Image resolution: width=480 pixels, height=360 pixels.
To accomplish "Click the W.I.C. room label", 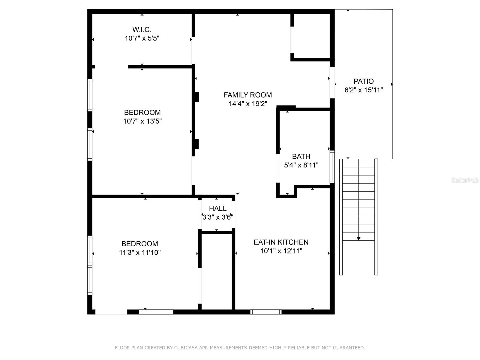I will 142,30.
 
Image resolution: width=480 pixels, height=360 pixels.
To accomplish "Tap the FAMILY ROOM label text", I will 247,95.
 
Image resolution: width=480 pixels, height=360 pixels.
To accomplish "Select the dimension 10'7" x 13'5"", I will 142,121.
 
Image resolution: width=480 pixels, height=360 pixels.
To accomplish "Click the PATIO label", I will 364,81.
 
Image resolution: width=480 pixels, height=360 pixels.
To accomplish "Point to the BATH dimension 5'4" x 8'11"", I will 301,165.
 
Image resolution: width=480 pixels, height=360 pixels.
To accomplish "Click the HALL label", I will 217,208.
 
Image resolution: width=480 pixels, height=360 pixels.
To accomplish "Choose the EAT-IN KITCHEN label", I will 281,242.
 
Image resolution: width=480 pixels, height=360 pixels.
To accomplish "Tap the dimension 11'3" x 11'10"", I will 140,253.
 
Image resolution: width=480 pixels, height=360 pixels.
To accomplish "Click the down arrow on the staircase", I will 358,238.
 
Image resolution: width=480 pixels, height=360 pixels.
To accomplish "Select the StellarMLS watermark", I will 465,180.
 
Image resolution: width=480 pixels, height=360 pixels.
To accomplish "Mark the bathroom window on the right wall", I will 332,167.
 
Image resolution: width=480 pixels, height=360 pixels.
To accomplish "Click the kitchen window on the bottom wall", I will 266,312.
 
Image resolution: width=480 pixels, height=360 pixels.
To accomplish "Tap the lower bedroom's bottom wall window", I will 156,312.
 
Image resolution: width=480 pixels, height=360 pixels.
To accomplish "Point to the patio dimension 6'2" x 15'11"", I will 364,90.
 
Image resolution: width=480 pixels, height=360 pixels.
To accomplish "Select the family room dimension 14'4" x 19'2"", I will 247,104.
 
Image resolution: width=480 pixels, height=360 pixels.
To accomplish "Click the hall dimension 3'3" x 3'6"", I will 217,217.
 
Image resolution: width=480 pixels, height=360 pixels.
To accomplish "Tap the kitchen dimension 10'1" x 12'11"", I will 281,251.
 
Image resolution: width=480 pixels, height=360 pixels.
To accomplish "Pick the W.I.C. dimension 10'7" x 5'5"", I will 142,38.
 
